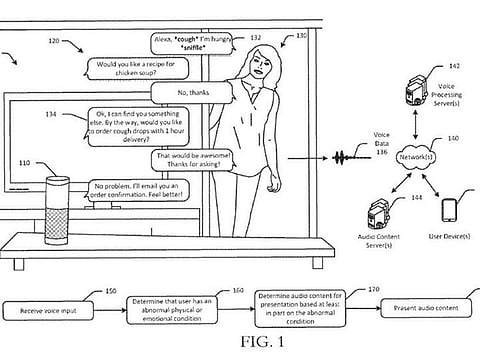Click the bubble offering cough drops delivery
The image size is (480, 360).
138,126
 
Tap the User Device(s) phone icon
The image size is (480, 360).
449,212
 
